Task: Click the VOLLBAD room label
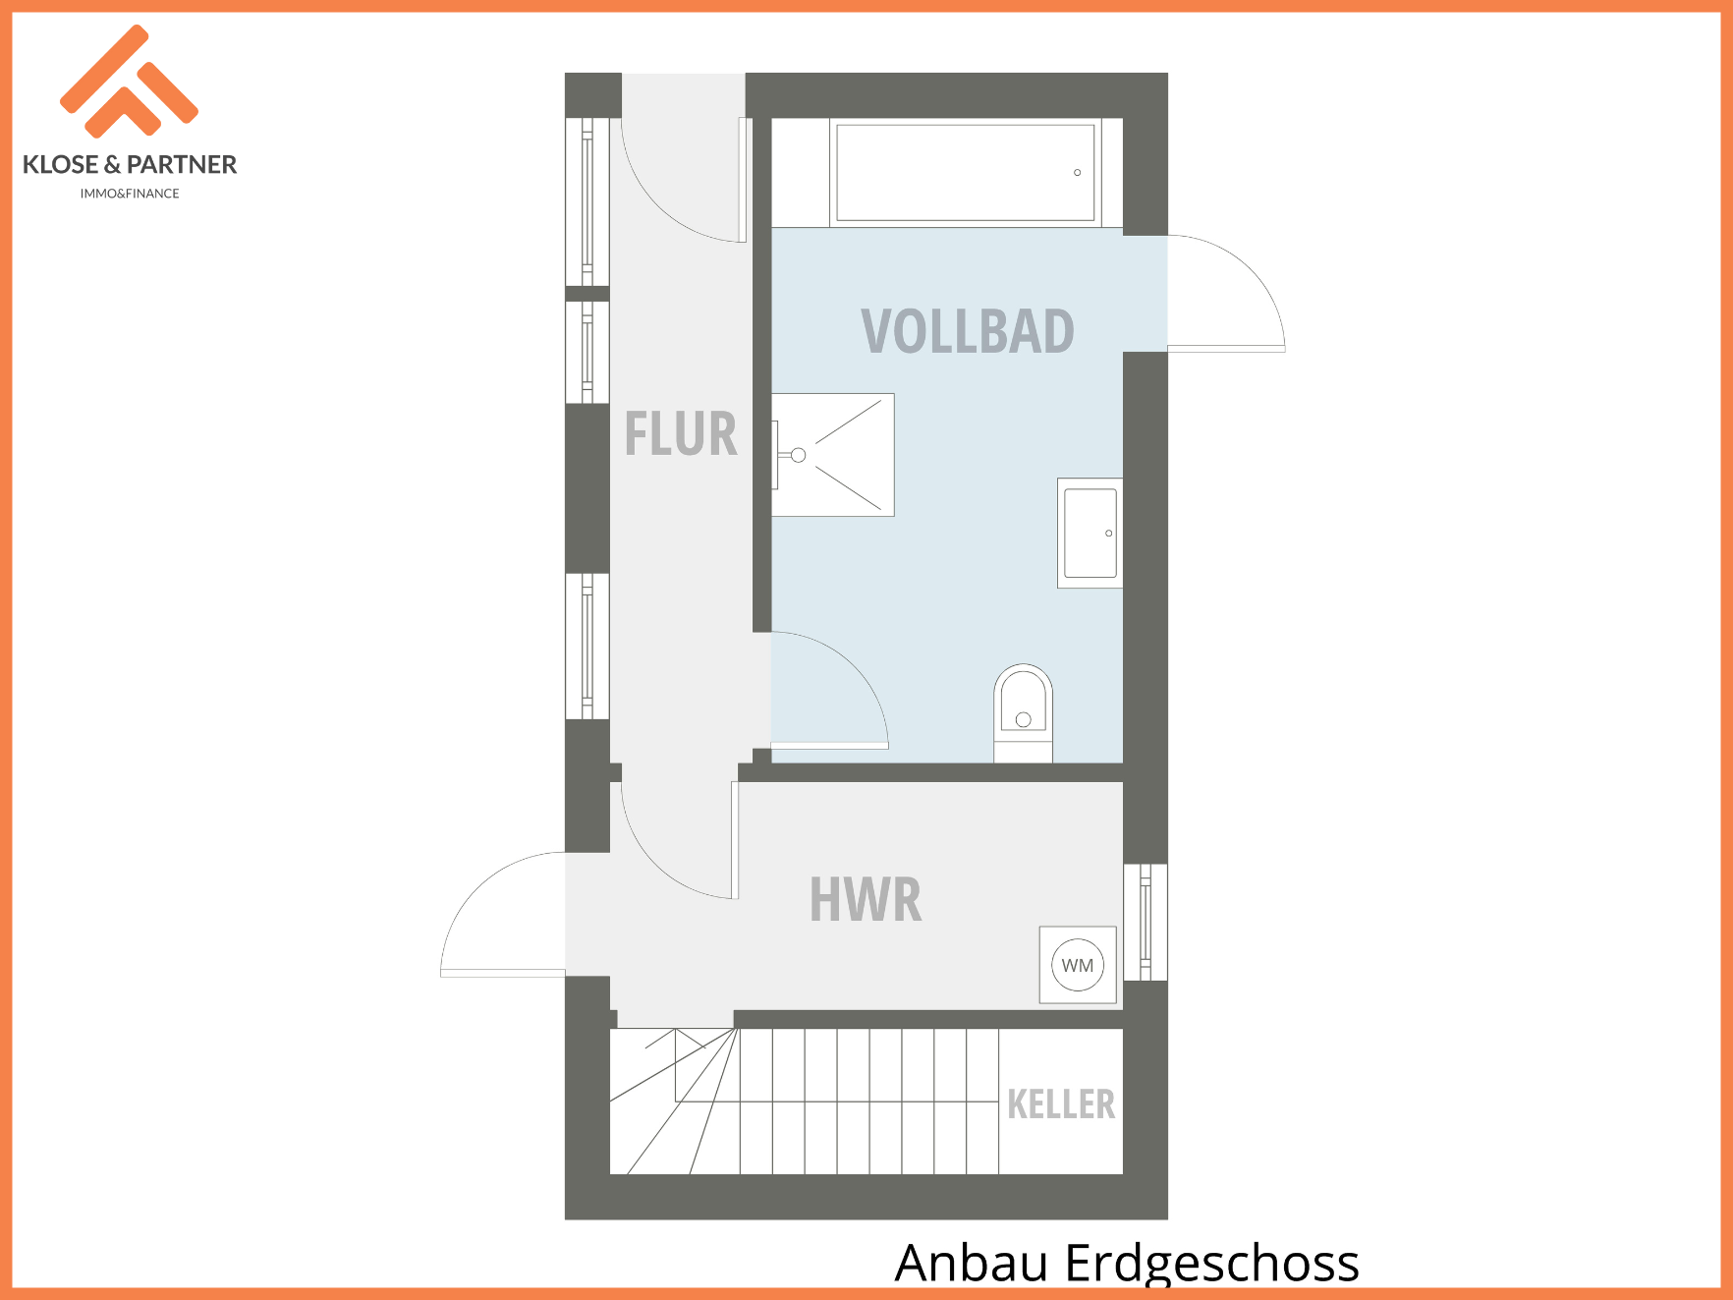(968, 331)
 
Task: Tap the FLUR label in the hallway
(681, 434)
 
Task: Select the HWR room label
(866, 899)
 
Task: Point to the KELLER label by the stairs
(1061, 1104)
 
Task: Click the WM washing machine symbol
(1078, 965)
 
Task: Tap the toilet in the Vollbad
(1023, 713)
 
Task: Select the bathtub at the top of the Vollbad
(966, 173)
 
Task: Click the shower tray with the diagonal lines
(833, 455)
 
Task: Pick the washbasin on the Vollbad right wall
(1090, 534)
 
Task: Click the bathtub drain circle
(1078, 173)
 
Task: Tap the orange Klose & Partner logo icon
(129, 82)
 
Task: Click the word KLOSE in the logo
(60, 164)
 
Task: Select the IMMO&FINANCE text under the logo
(130, 194)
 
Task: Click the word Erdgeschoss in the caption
(1212, 1264)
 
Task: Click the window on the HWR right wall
(1146, 922)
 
